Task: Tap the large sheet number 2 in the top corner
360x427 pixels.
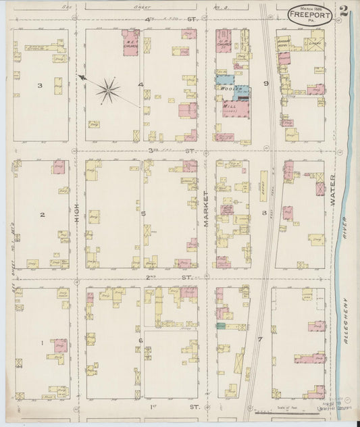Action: (345, 10)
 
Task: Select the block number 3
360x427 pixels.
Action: (41, 86)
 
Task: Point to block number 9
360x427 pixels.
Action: (266, 84)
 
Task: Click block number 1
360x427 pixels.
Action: (42, 343)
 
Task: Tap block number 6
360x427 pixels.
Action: (140, 341)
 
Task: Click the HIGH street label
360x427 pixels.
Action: (77, 214)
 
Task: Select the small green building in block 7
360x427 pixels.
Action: (220, 326)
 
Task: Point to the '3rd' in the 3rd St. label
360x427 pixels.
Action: (153, 150)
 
